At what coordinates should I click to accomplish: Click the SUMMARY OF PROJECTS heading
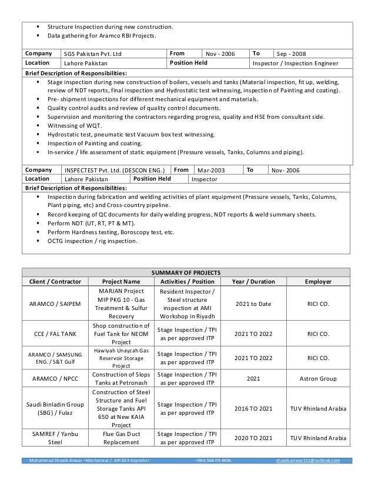tap(187, 273)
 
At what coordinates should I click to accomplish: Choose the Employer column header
tap(317, 281)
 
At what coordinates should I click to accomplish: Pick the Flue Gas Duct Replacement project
tap(119, 438)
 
